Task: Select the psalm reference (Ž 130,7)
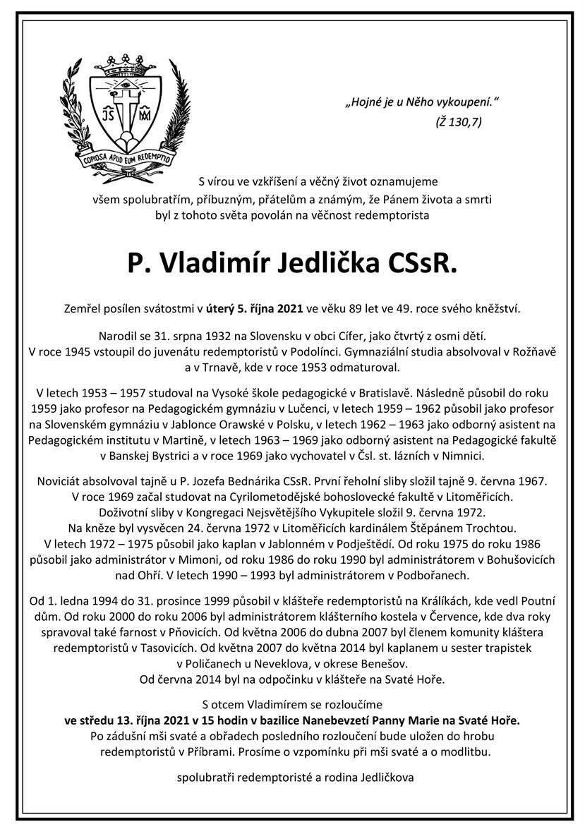(x=458, y=122)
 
